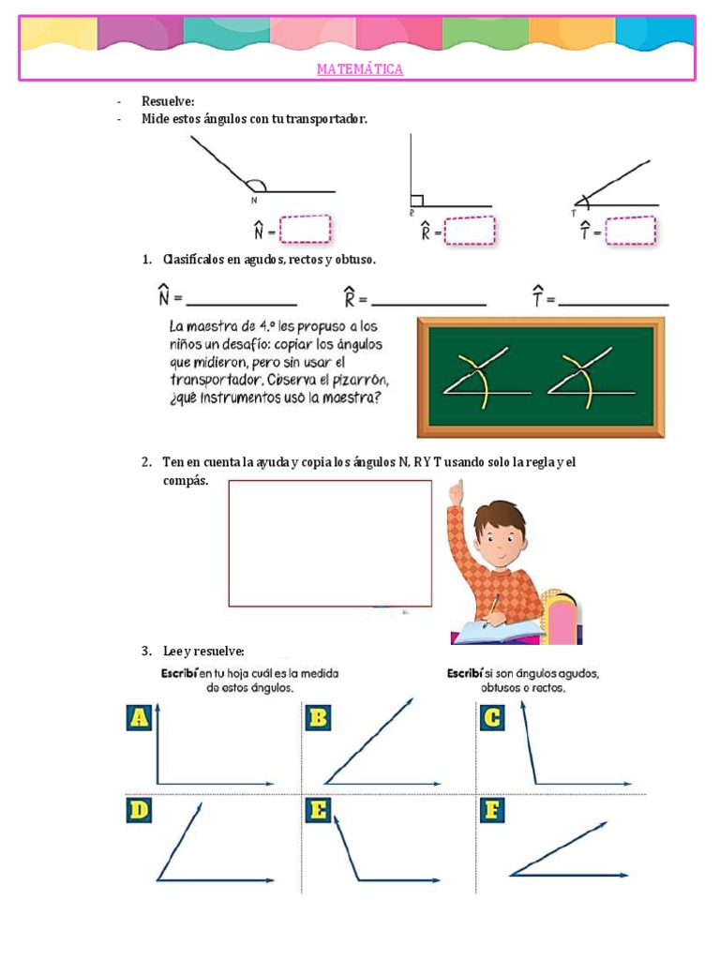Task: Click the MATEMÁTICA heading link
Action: pyautogui.click(x=360, y=69)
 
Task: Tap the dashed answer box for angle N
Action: pyautogui.click(x=305, y=230)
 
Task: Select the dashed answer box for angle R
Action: pyautogui.click(x=469, y=231)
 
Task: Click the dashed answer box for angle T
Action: pyautogui.click(x=631, y=230)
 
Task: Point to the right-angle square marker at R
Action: pyautogui.click(x=417, y=201)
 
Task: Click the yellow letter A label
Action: pyautogui.click(x=140, y=717)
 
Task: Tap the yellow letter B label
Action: pyautogui.click(x=318, y=717)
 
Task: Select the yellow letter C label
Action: pyautogui.click(x=491, y=717)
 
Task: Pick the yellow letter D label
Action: pyautogui.click(x=140, y=810)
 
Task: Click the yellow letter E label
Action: pyautogui.click(x=318, y=810)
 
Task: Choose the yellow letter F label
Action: pyautogui.click(x=491, y=810)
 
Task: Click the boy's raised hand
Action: pyautogui.click(x=457, y=493)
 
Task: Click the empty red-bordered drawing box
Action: pyautogui.click(x=330, y=543)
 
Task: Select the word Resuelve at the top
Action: pyautogui.click(x=168, y=101)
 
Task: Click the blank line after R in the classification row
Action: pyautogui.click(x=428, y=303)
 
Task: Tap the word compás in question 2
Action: pyautogui.click(x=183, y=480)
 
